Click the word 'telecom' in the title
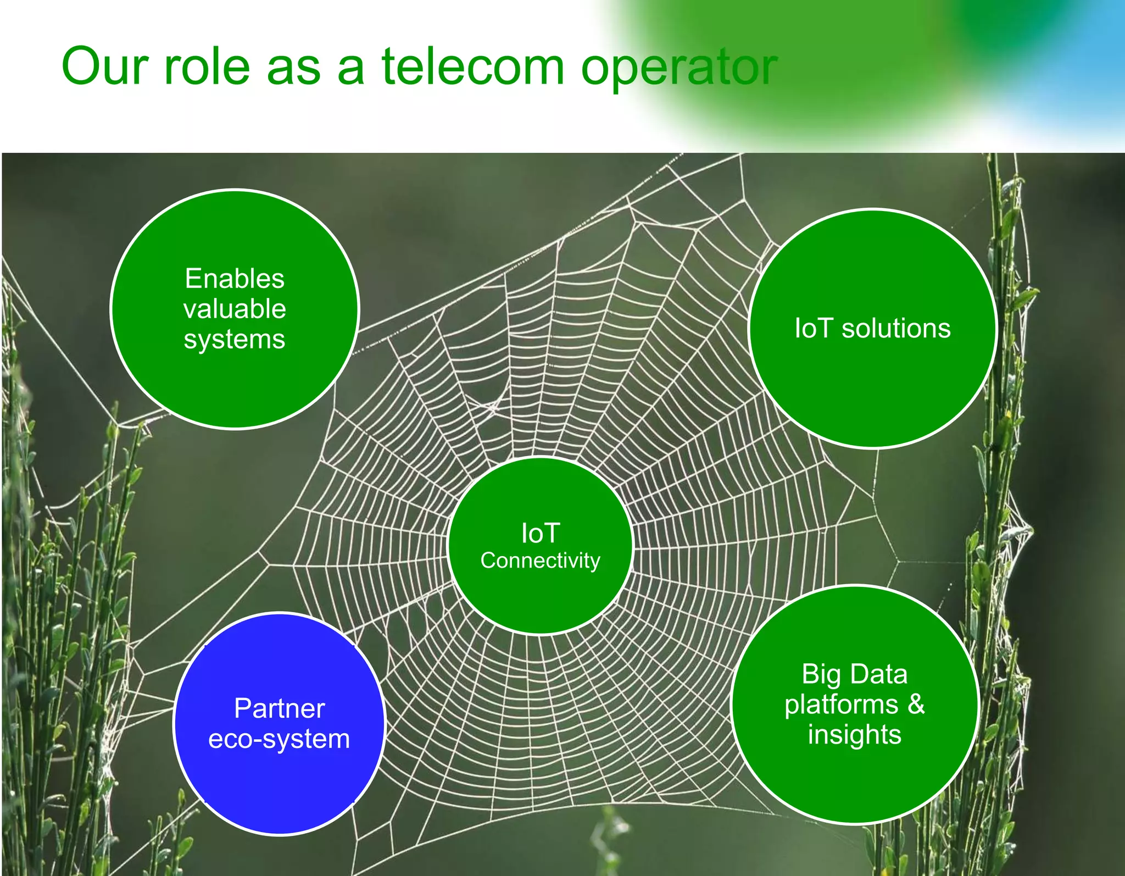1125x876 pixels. pyautogui.click(x=473, y=67)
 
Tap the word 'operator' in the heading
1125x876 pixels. pyautogui.click(x=679, y=70)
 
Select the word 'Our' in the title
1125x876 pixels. pyautogui.click(x=105, y=67)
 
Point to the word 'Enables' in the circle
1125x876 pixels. pyautogui.click(x=235, y=279)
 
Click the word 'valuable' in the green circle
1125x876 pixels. pyautogui.click(x=235, y=309)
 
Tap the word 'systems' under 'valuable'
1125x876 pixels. pyautogui.click(x=235, y=340)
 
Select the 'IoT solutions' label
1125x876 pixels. pyautogui.click(x=872, y=329)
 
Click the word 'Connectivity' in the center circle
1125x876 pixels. pyautogui.click(x=541, y=561)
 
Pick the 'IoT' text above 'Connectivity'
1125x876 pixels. pyautogui.click(x=541, y=533)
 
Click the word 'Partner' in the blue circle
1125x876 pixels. pyautogui.click(x=279, y=708)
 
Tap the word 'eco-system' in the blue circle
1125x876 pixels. pyautogui.click(x=279, y=739)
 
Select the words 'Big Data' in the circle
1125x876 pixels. pyautogui.click(x=854, y=674)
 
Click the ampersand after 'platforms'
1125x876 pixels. pyautogui.click(x=916, y=704)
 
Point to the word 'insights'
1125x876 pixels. pyautogui.click(x=854, y=735)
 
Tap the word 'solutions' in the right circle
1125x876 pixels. pyautogui.click(x=896, y=329)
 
